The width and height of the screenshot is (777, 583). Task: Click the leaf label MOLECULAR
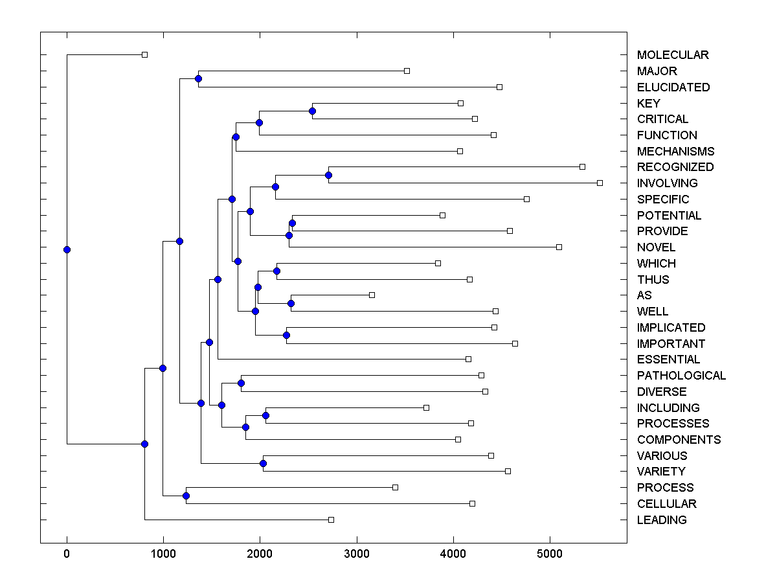click(673, 55)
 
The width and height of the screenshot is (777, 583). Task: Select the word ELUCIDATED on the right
click(673, 87)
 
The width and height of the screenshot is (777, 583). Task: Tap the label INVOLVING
click(667, 183)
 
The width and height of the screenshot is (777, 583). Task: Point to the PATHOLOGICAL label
click(681, 376)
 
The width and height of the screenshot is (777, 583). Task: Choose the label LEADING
click(662, 520)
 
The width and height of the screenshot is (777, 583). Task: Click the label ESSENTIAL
click(668, 360)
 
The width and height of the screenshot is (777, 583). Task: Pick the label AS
click(644, 295)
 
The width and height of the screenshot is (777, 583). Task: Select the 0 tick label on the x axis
click(67, 554)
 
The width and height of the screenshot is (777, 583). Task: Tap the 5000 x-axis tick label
click(550, 554)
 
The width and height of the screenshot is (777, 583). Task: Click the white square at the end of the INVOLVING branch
click(600, 183)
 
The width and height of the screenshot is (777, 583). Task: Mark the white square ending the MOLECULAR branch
click(144, 54)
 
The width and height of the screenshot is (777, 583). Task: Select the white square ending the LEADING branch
click(331, 520)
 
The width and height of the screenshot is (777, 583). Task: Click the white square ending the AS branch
click(372, 295)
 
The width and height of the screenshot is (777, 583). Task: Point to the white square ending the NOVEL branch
click(559, 247)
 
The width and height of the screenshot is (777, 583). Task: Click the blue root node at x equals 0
click(67, 249)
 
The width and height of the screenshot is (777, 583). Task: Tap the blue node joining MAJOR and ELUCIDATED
click(198, 78)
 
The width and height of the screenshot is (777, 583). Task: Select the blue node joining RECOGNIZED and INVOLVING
click(328, 175)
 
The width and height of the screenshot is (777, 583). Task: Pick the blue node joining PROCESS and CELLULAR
click(186, 496)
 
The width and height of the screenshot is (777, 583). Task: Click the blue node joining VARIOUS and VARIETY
click(263, 463)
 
